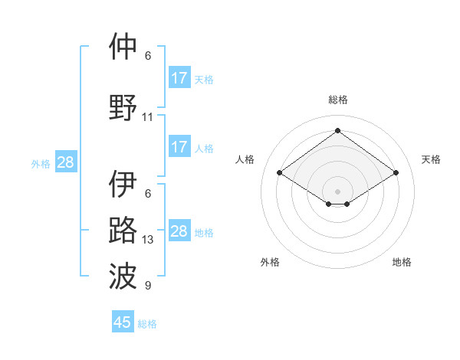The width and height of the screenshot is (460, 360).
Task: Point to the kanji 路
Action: coord(123,231)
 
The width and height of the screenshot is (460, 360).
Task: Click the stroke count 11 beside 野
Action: coord(148,117)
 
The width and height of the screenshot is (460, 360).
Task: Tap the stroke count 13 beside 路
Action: coord(148,240)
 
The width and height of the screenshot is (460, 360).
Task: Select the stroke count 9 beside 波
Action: coord(148,286)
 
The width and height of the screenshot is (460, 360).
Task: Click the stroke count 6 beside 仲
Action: coord(148,56)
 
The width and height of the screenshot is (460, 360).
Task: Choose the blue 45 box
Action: coord(123,322)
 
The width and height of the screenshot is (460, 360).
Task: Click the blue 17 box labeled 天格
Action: coord(179,78)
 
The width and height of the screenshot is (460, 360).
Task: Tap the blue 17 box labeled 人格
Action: coord(179,147)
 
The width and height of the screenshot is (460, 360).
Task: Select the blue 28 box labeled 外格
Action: coord(65,162)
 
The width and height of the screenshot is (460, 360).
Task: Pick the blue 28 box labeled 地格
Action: coord(179,231)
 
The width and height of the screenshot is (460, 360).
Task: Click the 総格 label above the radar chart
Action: coord(337,100)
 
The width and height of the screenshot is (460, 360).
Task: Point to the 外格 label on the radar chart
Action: coord(270,262)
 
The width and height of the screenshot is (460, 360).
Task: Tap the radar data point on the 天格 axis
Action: coord(396,173)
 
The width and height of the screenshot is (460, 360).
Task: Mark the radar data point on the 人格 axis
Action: coord(279,173)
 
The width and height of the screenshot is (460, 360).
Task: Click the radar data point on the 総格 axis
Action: coord(337,131)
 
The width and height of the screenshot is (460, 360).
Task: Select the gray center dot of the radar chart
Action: coord(337,190)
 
